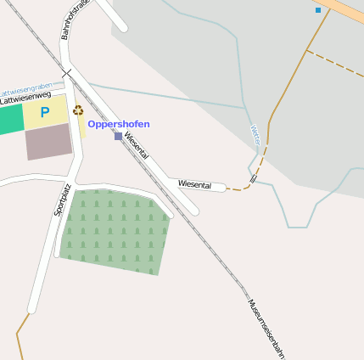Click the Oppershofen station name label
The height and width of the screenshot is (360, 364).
point(119,124)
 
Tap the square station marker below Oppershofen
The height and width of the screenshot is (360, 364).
point(118,136)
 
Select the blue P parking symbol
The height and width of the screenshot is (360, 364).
point(45,112)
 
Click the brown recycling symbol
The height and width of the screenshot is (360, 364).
point(78,110)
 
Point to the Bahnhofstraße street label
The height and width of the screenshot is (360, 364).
point(75,19)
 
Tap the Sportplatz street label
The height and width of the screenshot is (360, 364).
point(62,200)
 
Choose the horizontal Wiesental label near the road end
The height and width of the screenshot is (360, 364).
point(194,184)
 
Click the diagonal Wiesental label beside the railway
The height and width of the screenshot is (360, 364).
point(136,145)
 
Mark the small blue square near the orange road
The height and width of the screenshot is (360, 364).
point(318,10)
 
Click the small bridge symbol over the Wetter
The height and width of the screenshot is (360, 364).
point(253,180)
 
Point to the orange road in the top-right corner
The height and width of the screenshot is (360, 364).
point(346,9)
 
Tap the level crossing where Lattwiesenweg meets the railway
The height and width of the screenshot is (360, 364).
point(65,74)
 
